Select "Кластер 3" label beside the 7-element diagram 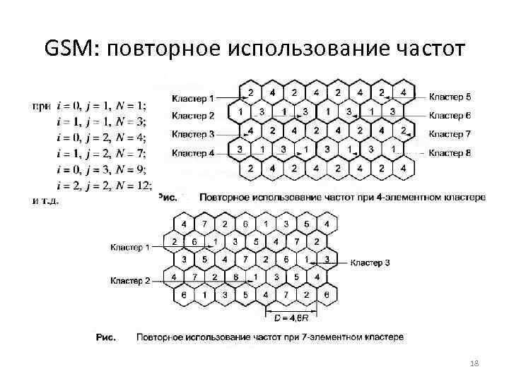[x=370, y=262]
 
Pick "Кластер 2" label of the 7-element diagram [x=130, y=281]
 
